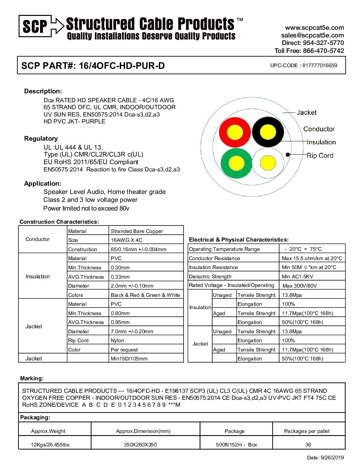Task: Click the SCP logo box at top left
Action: pos(35,26)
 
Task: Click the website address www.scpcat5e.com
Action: pos(314,28)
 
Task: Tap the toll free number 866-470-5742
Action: pos(323,51)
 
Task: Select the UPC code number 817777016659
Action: pos(320,66)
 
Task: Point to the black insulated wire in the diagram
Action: pos(268,132)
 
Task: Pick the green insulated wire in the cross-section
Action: pos(236,163)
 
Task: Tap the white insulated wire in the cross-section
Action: pos(268,163)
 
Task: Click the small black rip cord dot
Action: pos(288,155)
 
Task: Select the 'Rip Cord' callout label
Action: pos(320,156)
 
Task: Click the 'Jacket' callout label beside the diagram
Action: pos(306,113)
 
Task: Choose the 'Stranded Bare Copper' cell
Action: pos(137,231)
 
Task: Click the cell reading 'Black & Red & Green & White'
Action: pos(145,295)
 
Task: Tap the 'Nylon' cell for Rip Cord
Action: pos(117,341)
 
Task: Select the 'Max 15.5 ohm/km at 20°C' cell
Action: pos(312,258)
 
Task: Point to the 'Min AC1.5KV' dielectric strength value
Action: pos(297,277)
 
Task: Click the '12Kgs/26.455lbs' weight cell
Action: pos(50,444)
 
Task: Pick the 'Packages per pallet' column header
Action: pos(307,431)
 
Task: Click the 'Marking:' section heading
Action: pos(32,378)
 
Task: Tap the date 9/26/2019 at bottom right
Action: pos(332,458)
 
